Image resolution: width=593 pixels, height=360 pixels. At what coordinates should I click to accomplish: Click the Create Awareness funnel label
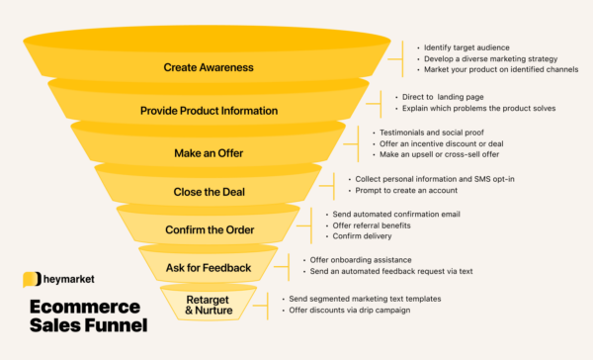tap(209, 68)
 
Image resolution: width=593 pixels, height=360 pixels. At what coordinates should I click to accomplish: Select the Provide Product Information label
tap(209, 111)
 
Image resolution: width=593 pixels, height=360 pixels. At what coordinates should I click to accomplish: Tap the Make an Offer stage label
tap(209, 153)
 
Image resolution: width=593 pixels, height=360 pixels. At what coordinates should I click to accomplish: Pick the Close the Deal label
tap(208, 192)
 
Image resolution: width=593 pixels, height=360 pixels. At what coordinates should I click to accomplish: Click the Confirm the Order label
tap(208, 230)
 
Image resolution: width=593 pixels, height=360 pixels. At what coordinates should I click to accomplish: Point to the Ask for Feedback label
tap(208, 267)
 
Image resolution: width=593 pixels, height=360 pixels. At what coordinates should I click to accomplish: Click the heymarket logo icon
tap(31, 281)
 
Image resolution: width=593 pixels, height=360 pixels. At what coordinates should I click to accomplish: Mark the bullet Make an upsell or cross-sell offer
tap(440, 156)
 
